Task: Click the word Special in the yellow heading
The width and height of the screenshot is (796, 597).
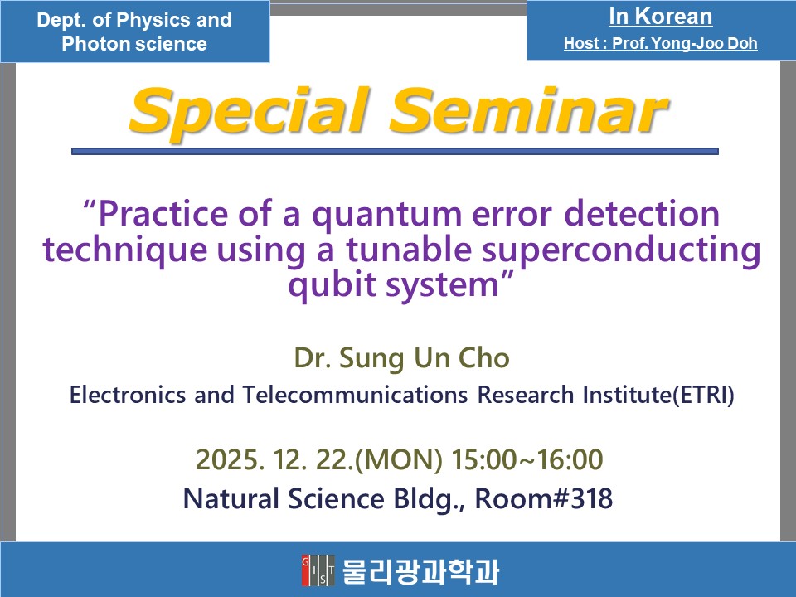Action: click(250, 112)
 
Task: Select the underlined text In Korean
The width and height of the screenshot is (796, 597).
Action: click(661, 17)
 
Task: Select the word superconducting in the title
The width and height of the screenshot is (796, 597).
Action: click(621, 251)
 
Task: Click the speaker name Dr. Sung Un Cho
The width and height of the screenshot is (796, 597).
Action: click(401, 358)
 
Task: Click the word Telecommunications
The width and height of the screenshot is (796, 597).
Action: click(355, 395)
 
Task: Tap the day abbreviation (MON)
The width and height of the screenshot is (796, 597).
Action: click(399, 460)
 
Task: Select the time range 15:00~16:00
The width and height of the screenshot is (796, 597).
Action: click(527, 459)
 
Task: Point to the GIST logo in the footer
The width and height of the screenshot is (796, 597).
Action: click(318, 570)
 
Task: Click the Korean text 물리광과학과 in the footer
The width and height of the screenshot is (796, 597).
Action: click(421, 571)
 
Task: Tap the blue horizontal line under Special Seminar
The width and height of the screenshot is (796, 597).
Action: click(395, 151)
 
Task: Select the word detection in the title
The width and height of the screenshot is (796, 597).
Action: click(642, 214)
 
